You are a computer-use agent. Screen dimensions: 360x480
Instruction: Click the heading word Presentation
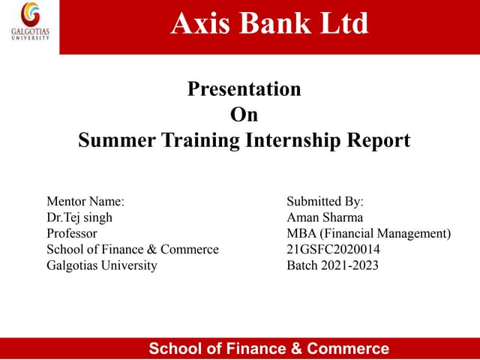244,89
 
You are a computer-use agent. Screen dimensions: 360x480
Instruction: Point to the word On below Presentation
244,115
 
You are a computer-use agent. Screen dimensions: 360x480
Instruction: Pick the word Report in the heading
376,140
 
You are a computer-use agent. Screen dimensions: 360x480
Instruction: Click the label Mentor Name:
85,202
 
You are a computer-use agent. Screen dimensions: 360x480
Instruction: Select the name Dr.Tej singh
80,217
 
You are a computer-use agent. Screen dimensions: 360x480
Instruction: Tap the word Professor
72,233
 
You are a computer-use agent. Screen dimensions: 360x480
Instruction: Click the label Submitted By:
325,202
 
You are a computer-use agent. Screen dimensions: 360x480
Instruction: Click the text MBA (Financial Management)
368,233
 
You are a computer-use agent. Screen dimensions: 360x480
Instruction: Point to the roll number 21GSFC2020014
333,249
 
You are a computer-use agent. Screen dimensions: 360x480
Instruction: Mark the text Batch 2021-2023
333,265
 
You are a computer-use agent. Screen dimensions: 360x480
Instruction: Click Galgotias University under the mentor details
102,265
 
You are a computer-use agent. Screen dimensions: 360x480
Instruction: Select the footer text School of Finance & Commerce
269,348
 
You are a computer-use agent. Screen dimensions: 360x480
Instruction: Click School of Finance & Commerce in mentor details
133,249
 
